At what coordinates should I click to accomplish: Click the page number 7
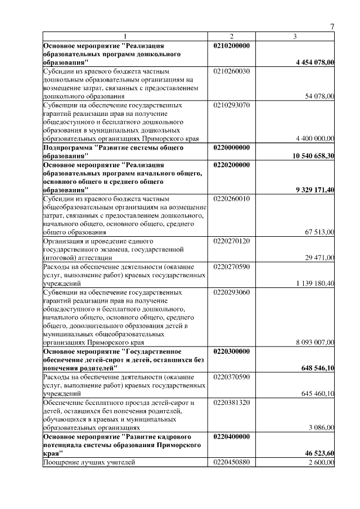click(332, 27)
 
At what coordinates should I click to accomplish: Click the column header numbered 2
click(232, 37)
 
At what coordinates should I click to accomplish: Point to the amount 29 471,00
click(319, 258)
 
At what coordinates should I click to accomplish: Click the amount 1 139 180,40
click(316, 283)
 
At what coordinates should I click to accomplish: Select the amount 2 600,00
click(321, 462)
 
